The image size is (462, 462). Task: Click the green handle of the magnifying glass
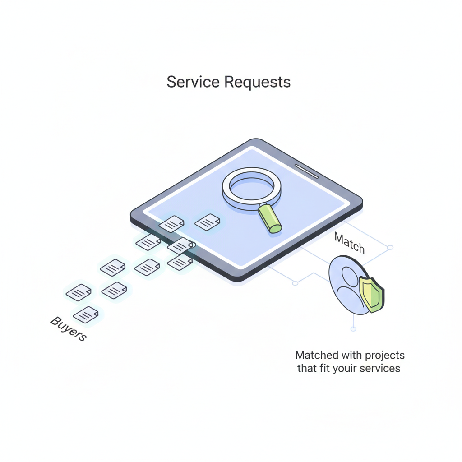coord(270,218)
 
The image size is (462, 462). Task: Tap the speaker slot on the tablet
coord(306,171)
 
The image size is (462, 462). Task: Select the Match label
coord(350,244)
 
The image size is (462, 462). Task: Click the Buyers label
coord(68,329)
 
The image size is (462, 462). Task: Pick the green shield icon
coord(372,294)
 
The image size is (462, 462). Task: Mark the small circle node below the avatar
coord(353,329)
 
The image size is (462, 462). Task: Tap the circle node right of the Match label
coord(390,248)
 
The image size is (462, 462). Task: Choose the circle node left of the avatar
coord(295,283)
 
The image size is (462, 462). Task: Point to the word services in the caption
coord(379,368)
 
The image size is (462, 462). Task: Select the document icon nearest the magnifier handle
coord(208,222)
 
